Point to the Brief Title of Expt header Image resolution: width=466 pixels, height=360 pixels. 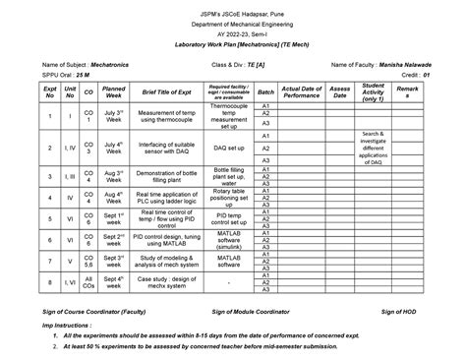tap(169, 92)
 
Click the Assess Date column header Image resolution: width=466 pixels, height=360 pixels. tap(340, 92)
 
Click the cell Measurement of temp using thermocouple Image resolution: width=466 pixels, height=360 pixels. tap(169, 117)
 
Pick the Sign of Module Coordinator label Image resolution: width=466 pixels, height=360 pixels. tap(251, 310)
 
